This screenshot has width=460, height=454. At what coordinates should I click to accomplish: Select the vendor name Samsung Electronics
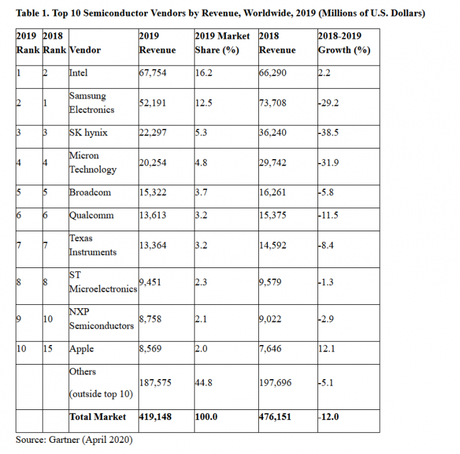click(x=92, y=103)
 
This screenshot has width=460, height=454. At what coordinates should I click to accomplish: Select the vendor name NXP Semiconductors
click(x=101, y=319)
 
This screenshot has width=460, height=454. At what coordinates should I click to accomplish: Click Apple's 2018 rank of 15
click(x=49, y=350)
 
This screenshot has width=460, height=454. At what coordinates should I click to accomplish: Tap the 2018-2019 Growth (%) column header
click(x=342, y=43)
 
